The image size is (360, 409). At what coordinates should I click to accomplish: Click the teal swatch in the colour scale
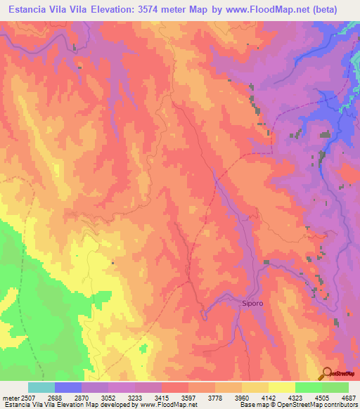pyautogui.click(x=41, y=387)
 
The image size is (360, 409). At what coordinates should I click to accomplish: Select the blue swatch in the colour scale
pyautogui.click(x=68, y=387)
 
